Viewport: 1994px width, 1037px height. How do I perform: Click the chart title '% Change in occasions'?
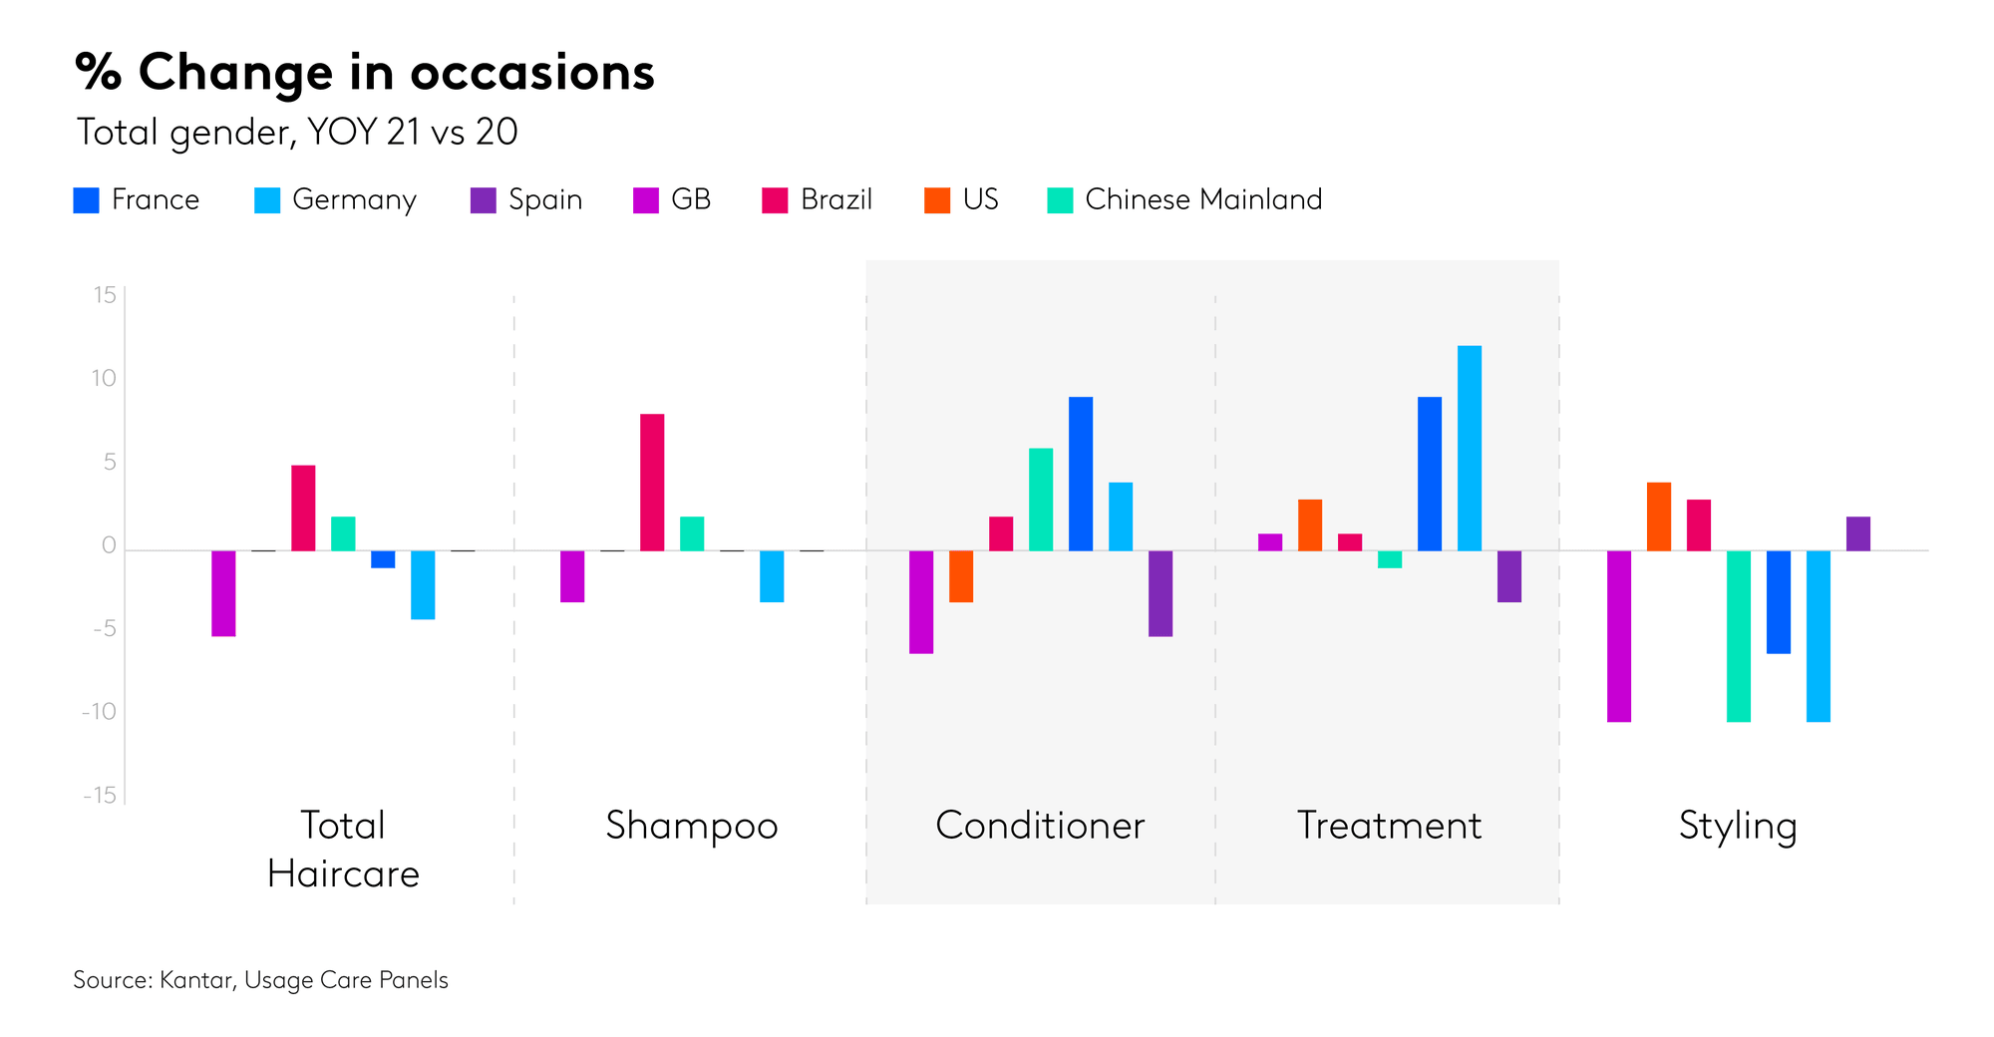coord(365,73)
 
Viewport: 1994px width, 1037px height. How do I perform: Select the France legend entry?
coord(137,199)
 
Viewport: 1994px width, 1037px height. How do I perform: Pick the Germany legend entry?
coord(336,199)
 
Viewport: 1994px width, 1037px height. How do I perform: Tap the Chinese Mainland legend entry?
coord(1184,199)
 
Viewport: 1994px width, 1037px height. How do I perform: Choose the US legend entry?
coord(961,199)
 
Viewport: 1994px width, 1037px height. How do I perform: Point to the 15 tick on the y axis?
coord(105,295)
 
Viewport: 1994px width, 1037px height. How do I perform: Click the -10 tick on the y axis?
coord(100,712)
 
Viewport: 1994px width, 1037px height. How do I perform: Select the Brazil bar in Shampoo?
coord(652,483)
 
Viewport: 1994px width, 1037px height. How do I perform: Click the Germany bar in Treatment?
coord(1470,449)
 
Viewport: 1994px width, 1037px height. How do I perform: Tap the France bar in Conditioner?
coord(1081,474)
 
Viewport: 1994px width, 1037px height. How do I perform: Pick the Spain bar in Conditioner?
coord(1161,593)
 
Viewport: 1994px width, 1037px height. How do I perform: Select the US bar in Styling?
coord(1659,517)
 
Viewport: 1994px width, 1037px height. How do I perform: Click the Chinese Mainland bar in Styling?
coord(1739,636)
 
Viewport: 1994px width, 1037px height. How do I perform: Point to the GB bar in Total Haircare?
coord(223,593)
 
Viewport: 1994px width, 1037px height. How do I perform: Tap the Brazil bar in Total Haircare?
coord(303,508)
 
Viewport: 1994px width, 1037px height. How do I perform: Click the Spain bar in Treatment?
coord(1509,576)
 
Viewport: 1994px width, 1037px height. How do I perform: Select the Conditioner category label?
coord(1040,826)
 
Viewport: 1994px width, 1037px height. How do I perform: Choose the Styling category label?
coord(1738,826)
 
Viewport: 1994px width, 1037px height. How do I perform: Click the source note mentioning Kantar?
coord(260,980)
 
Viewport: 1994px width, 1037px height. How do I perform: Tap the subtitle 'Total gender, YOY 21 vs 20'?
coord(297,132)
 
